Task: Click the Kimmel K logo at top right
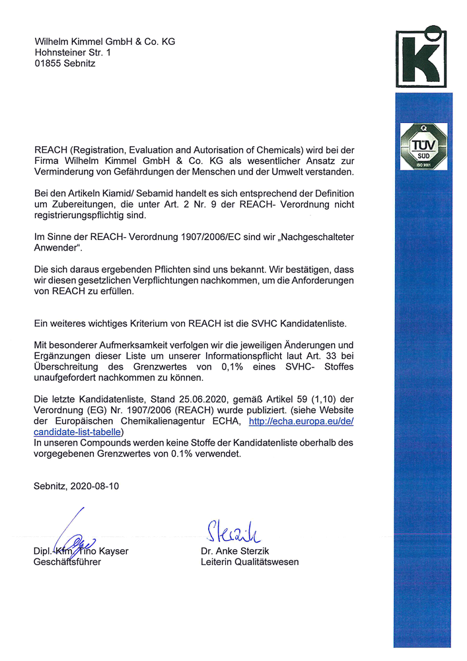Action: tap(423, 58)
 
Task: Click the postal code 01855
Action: tap(48, 63)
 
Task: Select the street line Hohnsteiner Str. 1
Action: tap(73, 52)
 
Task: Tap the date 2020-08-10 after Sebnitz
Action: tap(97, 486)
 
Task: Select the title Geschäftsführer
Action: tap(67, 562)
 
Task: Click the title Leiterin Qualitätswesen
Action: tap(250, 562)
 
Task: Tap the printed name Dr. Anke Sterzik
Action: tap(236, 551)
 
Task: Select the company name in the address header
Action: tap(104, 41)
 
